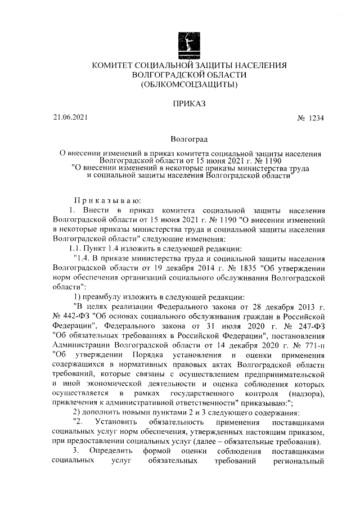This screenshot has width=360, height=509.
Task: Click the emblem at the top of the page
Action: (186, 43)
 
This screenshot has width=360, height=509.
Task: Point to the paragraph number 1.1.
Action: (75, 247)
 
